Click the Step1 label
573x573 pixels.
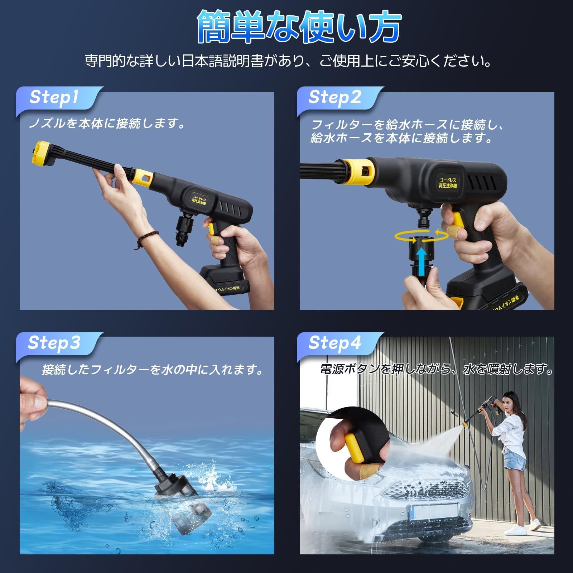click(54, 97)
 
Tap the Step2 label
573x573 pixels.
click(335, 97)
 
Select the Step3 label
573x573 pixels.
click(54, 343)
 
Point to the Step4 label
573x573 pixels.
click(335, 343)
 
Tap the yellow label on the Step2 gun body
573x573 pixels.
click(448, 182)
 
